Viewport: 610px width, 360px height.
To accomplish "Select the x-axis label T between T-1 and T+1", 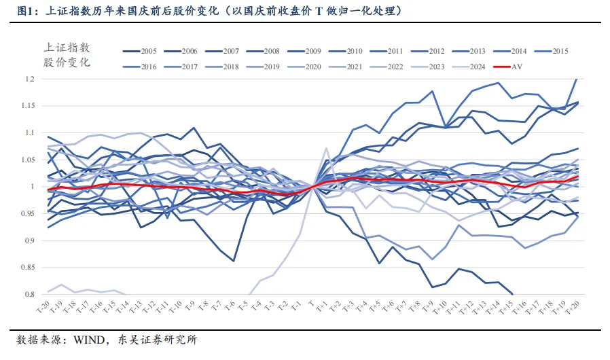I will click(312, 303).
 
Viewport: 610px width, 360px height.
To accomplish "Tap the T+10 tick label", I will click(442, 307).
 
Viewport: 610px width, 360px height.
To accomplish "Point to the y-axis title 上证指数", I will click(67, 48).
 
